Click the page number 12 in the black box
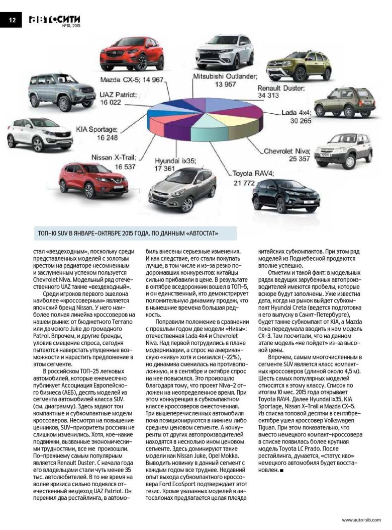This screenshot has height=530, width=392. click(11, 20)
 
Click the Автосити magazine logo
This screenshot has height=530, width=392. click(54, 19)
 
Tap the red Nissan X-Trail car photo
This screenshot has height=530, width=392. click(93, 180)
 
